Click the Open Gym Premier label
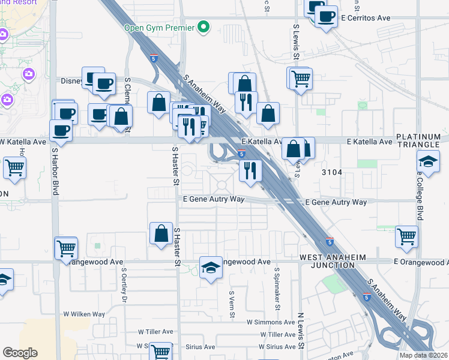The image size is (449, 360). [x=159, y=28]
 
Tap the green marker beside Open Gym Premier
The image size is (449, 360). [x=203, y=27]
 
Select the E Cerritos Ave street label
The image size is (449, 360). [x=366, y=18]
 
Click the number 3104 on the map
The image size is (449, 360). [x=332, y=172]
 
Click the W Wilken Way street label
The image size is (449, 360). [x=84, y=314]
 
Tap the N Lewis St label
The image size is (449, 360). [x=302, y=331]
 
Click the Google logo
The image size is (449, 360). [x=20, y=353]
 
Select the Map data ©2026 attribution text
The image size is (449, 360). [x=423, y=355]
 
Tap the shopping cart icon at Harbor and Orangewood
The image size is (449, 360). [x=66, y=248]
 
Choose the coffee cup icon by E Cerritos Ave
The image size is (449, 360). [x=327, y=17]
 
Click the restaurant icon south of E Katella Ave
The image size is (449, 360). [x=250, y=170]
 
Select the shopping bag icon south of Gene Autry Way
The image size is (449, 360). [x=161, y=234]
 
